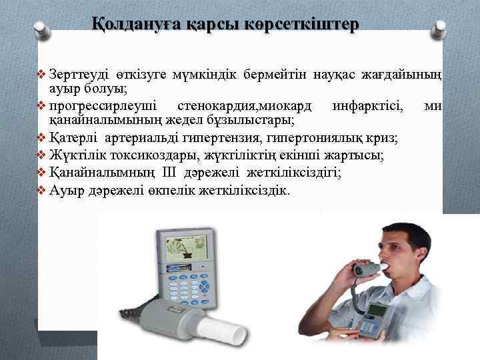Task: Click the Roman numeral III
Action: tap(169, 173)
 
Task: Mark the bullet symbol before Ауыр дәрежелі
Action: tap(43, 190)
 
